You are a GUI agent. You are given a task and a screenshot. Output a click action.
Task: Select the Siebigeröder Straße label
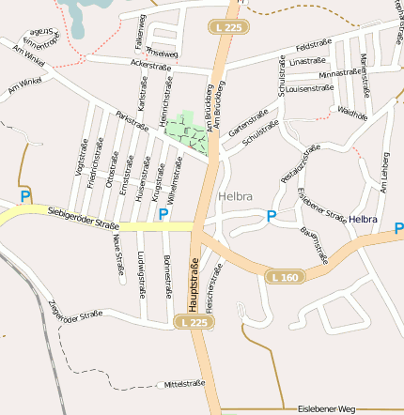(82, 219)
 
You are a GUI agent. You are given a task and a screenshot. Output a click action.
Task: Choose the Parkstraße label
(132, 122)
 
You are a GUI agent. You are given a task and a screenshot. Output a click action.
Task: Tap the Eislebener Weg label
(327, 408)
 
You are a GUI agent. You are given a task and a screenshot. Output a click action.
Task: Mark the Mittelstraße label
(184, 384)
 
